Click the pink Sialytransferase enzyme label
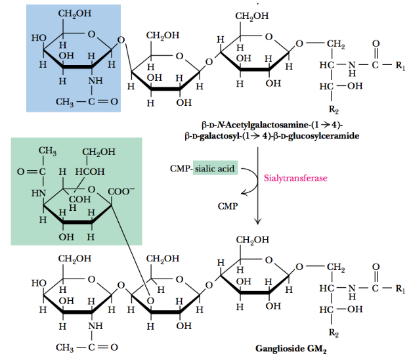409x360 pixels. [x=295, y=177]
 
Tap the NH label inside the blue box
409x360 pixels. [x=96, y=81]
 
